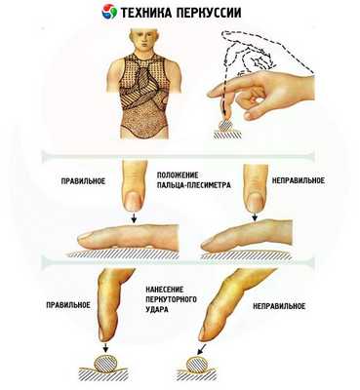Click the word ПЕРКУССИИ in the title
pos(206,13)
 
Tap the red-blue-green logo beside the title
pos(109,12)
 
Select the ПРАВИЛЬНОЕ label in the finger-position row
pos(83,181)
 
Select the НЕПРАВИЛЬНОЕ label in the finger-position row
pos(299,180)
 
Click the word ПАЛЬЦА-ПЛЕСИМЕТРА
pos(194,185)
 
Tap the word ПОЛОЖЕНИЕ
pos(178,175)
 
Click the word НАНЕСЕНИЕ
pos(165,290)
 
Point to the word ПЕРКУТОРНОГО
pos(171,299)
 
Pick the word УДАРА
pos(157,309)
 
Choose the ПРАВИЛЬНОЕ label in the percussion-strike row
pos(68,305)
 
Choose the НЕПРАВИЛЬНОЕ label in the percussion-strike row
pos(279,306)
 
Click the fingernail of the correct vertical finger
pos(134,200)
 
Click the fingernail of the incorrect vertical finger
pos(254,201)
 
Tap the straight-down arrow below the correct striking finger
pos(105,346)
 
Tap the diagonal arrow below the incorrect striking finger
pos(201,349)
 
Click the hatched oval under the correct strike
pos(105,363)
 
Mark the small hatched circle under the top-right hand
pos(226,125)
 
